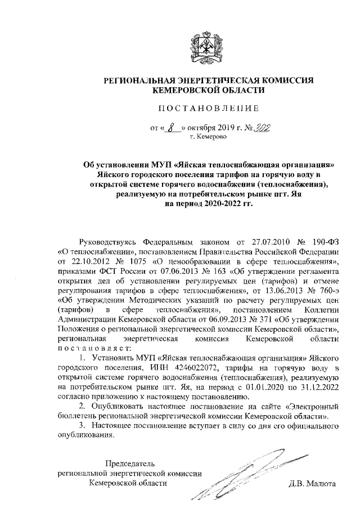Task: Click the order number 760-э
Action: point(325,293)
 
